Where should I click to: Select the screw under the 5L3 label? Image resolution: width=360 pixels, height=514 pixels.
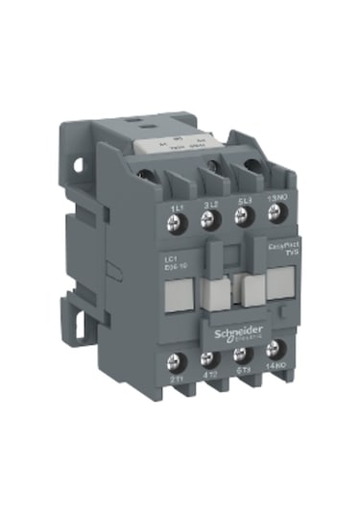(x=242, y=220)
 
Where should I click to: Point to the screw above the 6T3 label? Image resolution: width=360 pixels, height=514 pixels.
(x=243, y=361)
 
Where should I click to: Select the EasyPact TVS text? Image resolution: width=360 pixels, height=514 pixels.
(x=276, y=253)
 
